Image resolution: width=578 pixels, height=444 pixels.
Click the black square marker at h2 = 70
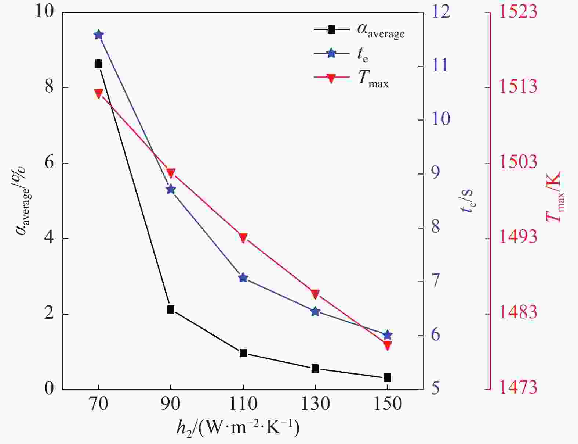(x=98, y=64)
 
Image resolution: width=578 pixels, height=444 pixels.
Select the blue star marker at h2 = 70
(x=98, y=35)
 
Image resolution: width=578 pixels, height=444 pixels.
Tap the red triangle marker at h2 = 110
(x=243, y=237)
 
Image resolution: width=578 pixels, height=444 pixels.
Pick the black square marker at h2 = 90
(x=171, y=309)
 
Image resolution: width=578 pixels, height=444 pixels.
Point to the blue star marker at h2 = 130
(x=315, y=312)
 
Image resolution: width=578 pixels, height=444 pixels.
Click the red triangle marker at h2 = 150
(x=388, y=345)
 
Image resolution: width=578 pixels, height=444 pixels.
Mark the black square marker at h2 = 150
(x=388, y=378)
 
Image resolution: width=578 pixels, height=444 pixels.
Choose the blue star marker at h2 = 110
(x=243, y=278)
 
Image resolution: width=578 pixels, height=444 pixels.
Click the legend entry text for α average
(x=381, y=31)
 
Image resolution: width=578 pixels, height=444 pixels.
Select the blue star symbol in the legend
(x=331, y=54)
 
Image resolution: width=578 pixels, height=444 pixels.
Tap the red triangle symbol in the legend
(x=331, y=78)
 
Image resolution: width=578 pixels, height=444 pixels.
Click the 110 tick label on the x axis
(x=243, y=404)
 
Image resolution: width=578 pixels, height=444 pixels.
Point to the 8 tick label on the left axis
(x=49, y=88)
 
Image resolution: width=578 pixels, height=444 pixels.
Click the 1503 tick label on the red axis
(x=517, y=162)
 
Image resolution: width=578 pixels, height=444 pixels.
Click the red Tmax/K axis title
(x=554, y=197)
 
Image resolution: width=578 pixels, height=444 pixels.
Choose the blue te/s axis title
(x=467, y=201)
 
